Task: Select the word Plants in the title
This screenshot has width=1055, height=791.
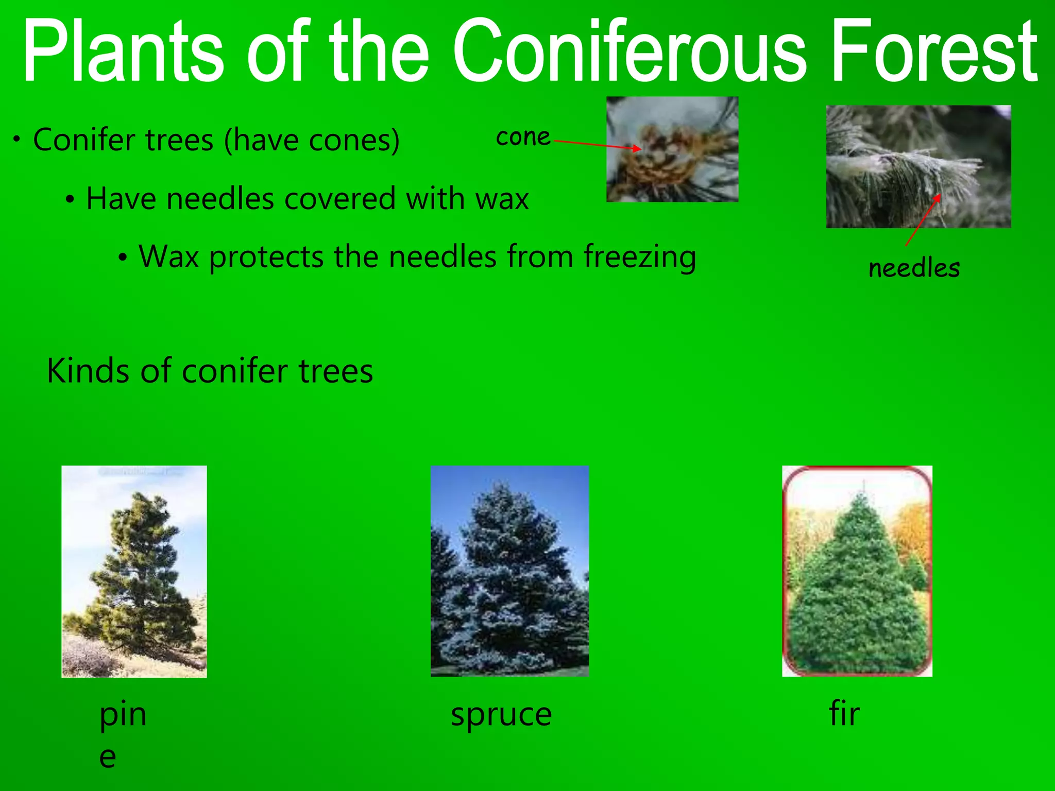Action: pyautogui.click(x=124, y=51)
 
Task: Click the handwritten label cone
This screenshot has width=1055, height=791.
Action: pyautogui.click(x=523, y=137)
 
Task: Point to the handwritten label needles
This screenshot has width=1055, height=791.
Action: pyautogui.click(x=914, y=268)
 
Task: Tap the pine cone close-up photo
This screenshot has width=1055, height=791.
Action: pyautogui.click(x=672, y=149)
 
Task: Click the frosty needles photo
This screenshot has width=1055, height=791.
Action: pyautogui.click(x=918, y=166)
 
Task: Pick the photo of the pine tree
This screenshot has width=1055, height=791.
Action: pyautogui.click(x=134, y=571)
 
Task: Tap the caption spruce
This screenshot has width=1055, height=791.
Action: pyautogui.click(x=501, y=715)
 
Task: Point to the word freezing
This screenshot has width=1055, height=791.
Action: pyautogui.click(x=640, y=257)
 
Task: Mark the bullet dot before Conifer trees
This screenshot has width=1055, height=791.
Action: pyautogui.click(x=17, y=140)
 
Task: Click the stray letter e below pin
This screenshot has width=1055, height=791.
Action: pyautogui.click(x=108, y=758)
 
